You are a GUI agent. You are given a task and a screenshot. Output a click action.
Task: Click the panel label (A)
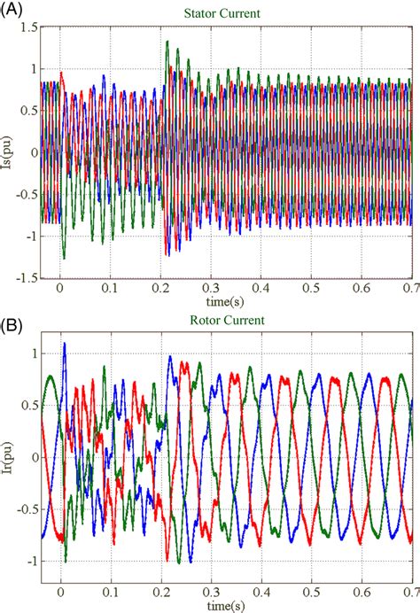click(x=12, y=10)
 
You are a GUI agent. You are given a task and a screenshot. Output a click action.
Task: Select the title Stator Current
click(x=222, y=12)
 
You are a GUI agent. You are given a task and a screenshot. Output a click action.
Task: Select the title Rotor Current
click(x=222, y=321)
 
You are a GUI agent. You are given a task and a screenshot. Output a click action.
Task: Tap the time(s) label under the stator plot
click(x=222, y=301)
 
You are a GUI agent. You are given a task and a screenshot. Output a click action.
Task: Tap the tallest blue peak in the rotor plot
click(x=64, y=344)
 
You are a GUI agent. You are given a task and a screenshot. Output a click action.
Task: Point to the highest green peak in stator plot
click(x=167, y=42)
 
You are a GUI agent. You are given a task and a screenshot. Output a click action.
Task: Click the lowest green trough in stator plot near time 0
click(x=63, y=258)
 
